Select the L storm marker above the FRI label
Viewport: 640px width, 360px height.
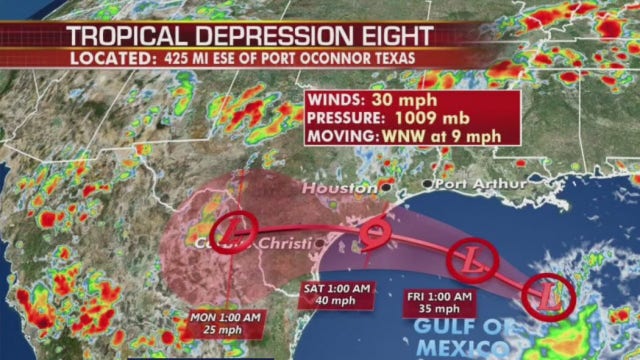click(x=469, y=259)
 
